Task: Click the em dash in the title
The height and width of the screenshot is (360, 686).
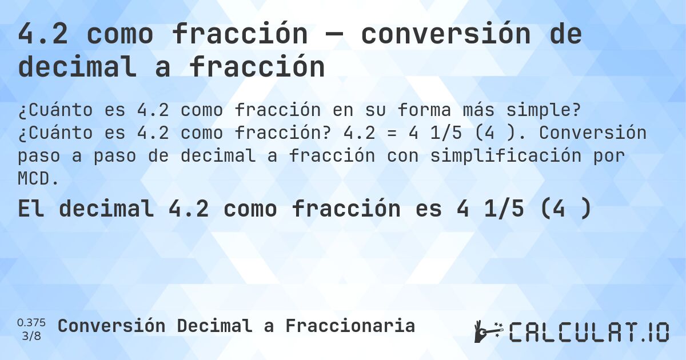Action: coord(334,35)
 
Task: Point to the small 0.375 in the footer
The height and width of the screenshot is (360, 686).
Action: coord(31,323)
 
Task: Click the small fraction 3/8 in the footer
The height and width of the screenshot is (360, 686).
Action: coord(31,335)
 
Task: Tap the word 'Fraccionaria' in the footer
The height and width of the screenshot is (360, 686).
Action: coord(350,326)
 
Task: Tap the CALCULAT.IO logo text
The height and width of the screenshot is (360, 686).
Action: coord(589,332)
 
